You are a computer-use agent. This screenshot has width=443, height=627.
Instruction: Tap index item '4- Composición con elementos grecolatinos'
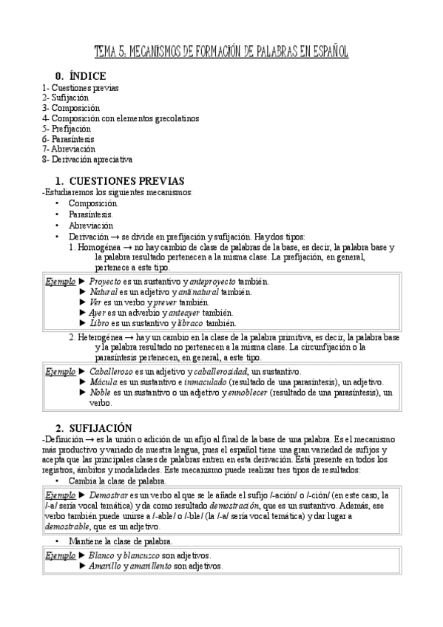pyautogui.click(x=121, y=118)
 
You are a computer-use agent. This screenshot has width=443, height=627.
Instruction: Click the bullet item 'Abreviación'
pyautogui.click(x=91, y=225)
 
